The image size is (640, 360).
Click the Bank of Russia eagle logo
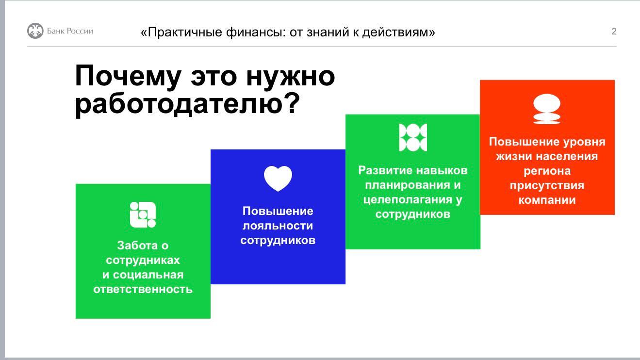point(35,31)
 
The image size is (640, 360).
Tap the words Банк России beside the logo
point(70,31)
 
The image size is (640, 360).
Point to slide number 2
point(614,31)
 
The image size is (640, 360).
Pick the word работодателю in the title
point(187,103)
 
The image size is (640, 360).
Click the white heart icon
point(278,178)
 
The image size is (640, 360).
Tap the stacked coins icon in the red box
point(547,109)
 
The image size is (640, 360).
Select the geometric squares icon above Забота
point(143,214)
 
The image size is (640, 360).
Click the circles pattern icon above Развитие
point(413,137)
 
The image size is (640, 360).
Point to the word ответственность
point(143,290)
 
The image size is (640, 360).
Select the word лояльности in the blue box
point(278,226)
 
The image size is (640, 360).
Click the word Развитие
point(384,170)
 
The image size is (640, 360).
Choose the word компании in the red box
point(547,200)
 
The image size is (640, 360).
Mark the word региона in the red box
point(547,171)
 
